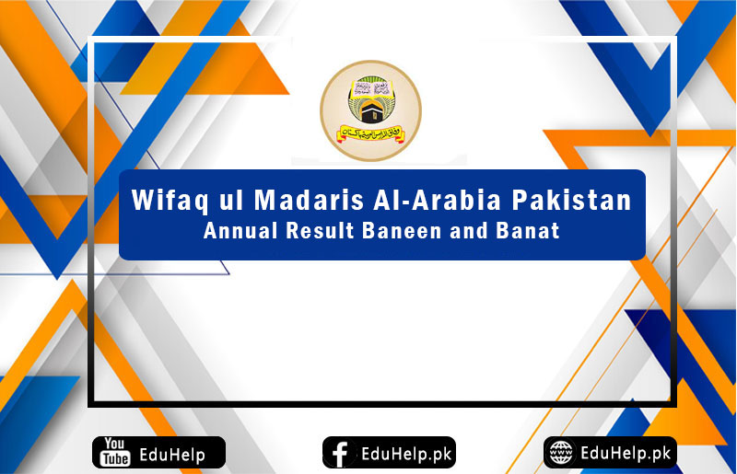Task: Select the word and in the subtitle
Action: point(471,231)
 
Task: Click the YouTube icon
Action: point(115,453)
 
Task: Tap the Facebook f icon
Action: point(339,453)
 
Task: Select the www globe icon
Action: point(560,452)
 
